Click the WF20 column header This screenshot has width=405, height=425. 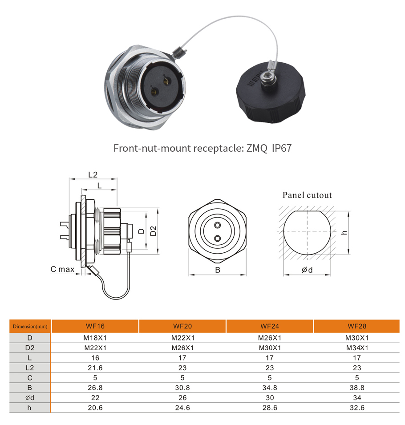coord(182,326)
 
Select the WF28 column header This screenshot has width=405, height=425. coord(357,326)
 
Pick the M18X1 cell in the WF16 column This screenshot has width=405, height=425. coord(95,338)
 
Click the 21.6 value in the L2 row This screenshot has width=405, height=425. coord(95,368)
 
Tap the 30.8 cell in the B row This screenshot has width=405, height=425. coord(182,388)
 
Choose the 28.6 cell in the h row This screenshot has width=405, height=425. coord(270,408)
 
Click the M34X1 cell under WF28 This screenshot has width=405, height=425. coord(357,348)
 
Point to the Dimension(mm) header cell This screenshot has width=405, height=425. coord(30,326)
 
